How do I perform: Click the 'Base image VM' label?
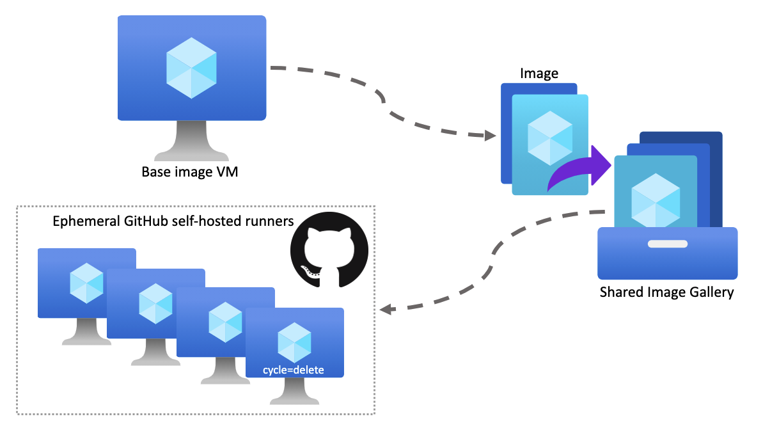click(190, 171)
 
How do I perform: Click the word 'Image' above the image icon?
click(539, 74)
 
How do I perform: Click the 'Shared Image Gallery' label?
click(666, 292)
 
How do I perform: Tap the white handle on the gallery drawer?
click(667, 244)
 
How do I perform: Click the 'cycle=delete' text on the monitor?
click(294, 370)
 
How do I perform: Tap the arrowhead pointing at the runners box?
click(386, 310)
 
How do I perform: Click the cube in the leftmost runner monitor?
click(86, 282)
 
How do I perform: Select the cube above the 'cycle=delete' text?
click(294, 342)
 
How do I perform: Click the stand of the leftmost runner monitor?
click(86, 333)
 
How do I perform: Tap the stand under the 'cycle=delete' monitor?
click(294, 392)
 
